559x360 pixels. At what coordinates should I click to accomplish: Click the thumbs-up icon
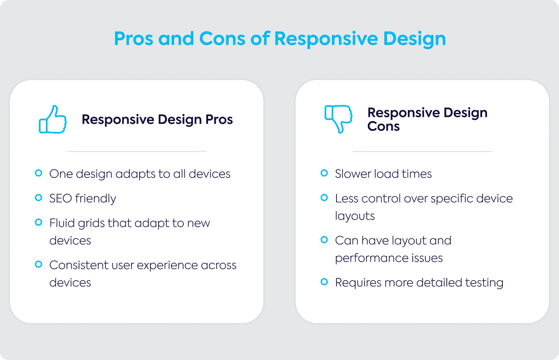coord(53,119)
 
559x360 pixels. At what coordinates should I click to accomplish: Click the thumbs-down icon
coord(338,119)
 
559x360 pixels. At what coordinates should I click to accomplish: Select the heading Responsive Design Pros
coord(157,119)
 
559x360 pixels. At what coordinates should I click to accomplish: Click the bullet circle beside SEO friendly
coord(39,197)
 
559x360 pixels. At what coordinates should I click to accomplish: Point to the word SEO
coord(61,199)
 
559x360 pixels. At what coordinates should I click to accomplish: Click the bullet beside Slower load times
coord(324,173)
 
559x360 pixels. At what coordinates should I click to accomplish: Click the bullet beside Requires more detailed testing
coord(324,282)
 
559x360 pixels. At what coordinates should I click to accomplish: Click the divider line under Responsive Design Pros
coord(136,151)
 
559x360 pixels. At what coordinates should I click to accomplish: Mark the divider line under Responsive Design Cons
coord(422,151)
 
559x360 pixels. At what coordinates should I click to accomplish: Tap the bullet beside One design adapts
coord(39,173)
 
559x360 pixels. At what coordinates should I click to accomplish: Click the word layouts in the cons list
coord(355,216)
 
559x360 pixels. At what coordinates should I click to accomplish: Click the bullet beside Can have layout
coord(324,239)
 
